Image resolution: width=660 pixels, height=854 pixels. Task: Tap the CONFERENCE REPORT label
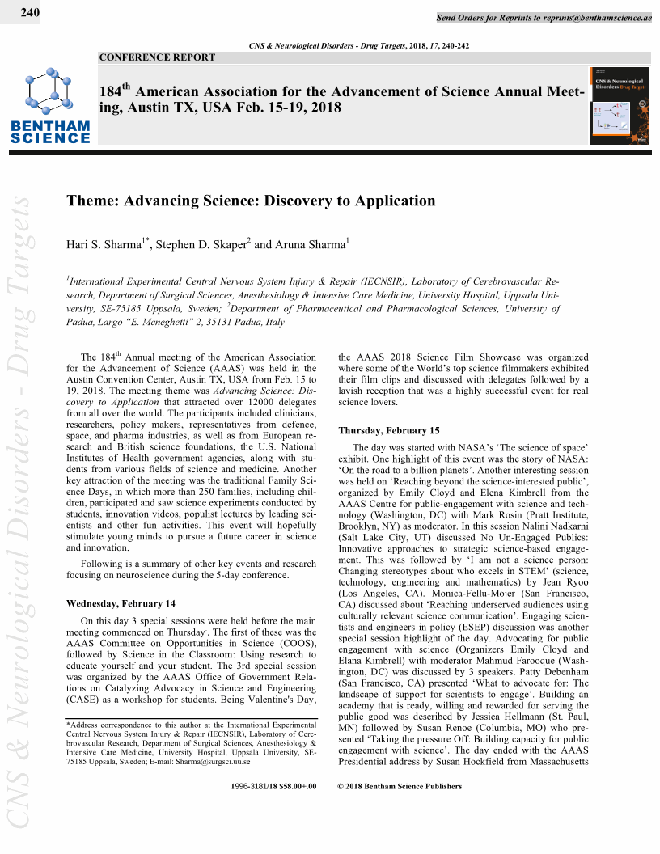(157, 57)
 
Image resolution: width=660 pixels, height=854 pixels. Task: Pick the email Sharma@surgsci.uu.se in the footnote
(212, 762)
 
